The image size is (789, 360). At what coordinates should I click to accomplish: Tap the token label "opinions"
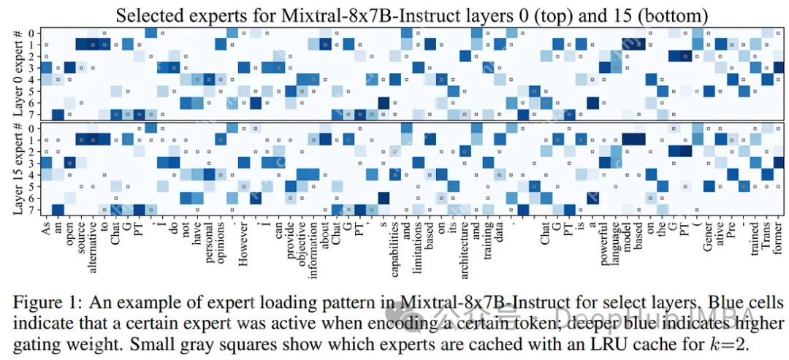click(x=221, y=242)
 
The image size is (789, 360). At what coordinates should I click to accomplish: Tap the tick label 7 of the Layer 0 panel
click(x=31, y=113)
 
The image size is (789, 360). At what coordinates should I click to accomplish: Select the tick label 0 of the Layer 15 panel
click(x=31, y=129)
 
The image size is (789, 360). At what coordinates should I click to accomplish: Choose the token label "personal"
click(x=209, y=242)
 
